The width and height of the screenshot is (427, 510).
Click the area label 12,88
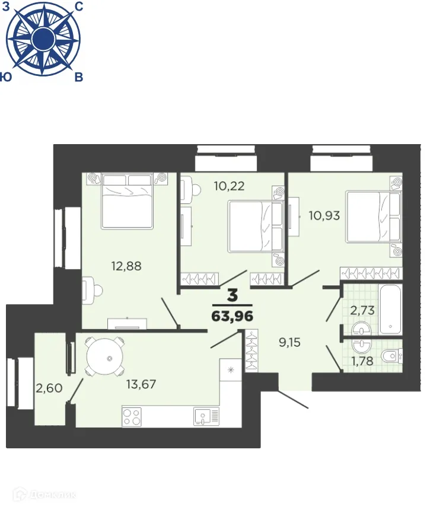click(126, 266)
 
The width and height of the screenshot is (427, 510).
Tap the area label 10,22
click(230, 186)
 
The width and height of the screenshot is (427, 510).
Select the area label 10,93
click(324, 215)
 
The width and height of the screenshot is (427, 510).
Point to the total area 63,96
click(232, 316)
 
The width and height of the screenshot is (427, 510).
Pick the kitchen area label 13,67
click(141, 384)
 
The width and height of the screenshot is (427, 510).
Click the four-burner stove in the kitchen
click(132, 415)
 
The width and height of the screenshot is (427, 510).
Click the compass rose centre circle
click(42, 40)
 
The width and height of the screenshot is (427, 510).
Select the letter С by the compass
click(79, 7)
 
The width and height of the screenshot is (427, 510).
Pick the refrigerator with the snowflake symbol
click(230, 369)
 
